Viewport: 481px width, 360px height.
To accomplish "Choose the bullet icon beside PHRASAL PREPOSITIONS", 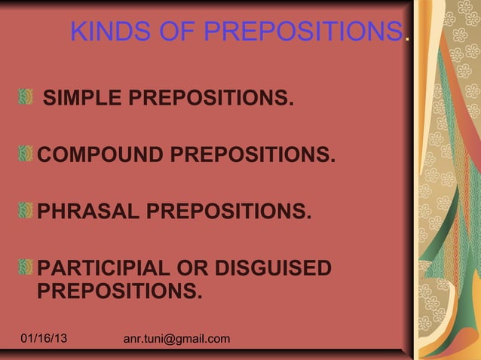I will (26, 209).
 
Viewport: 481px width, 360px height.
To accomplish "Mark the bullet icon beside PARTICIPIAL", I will (26, 267).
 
